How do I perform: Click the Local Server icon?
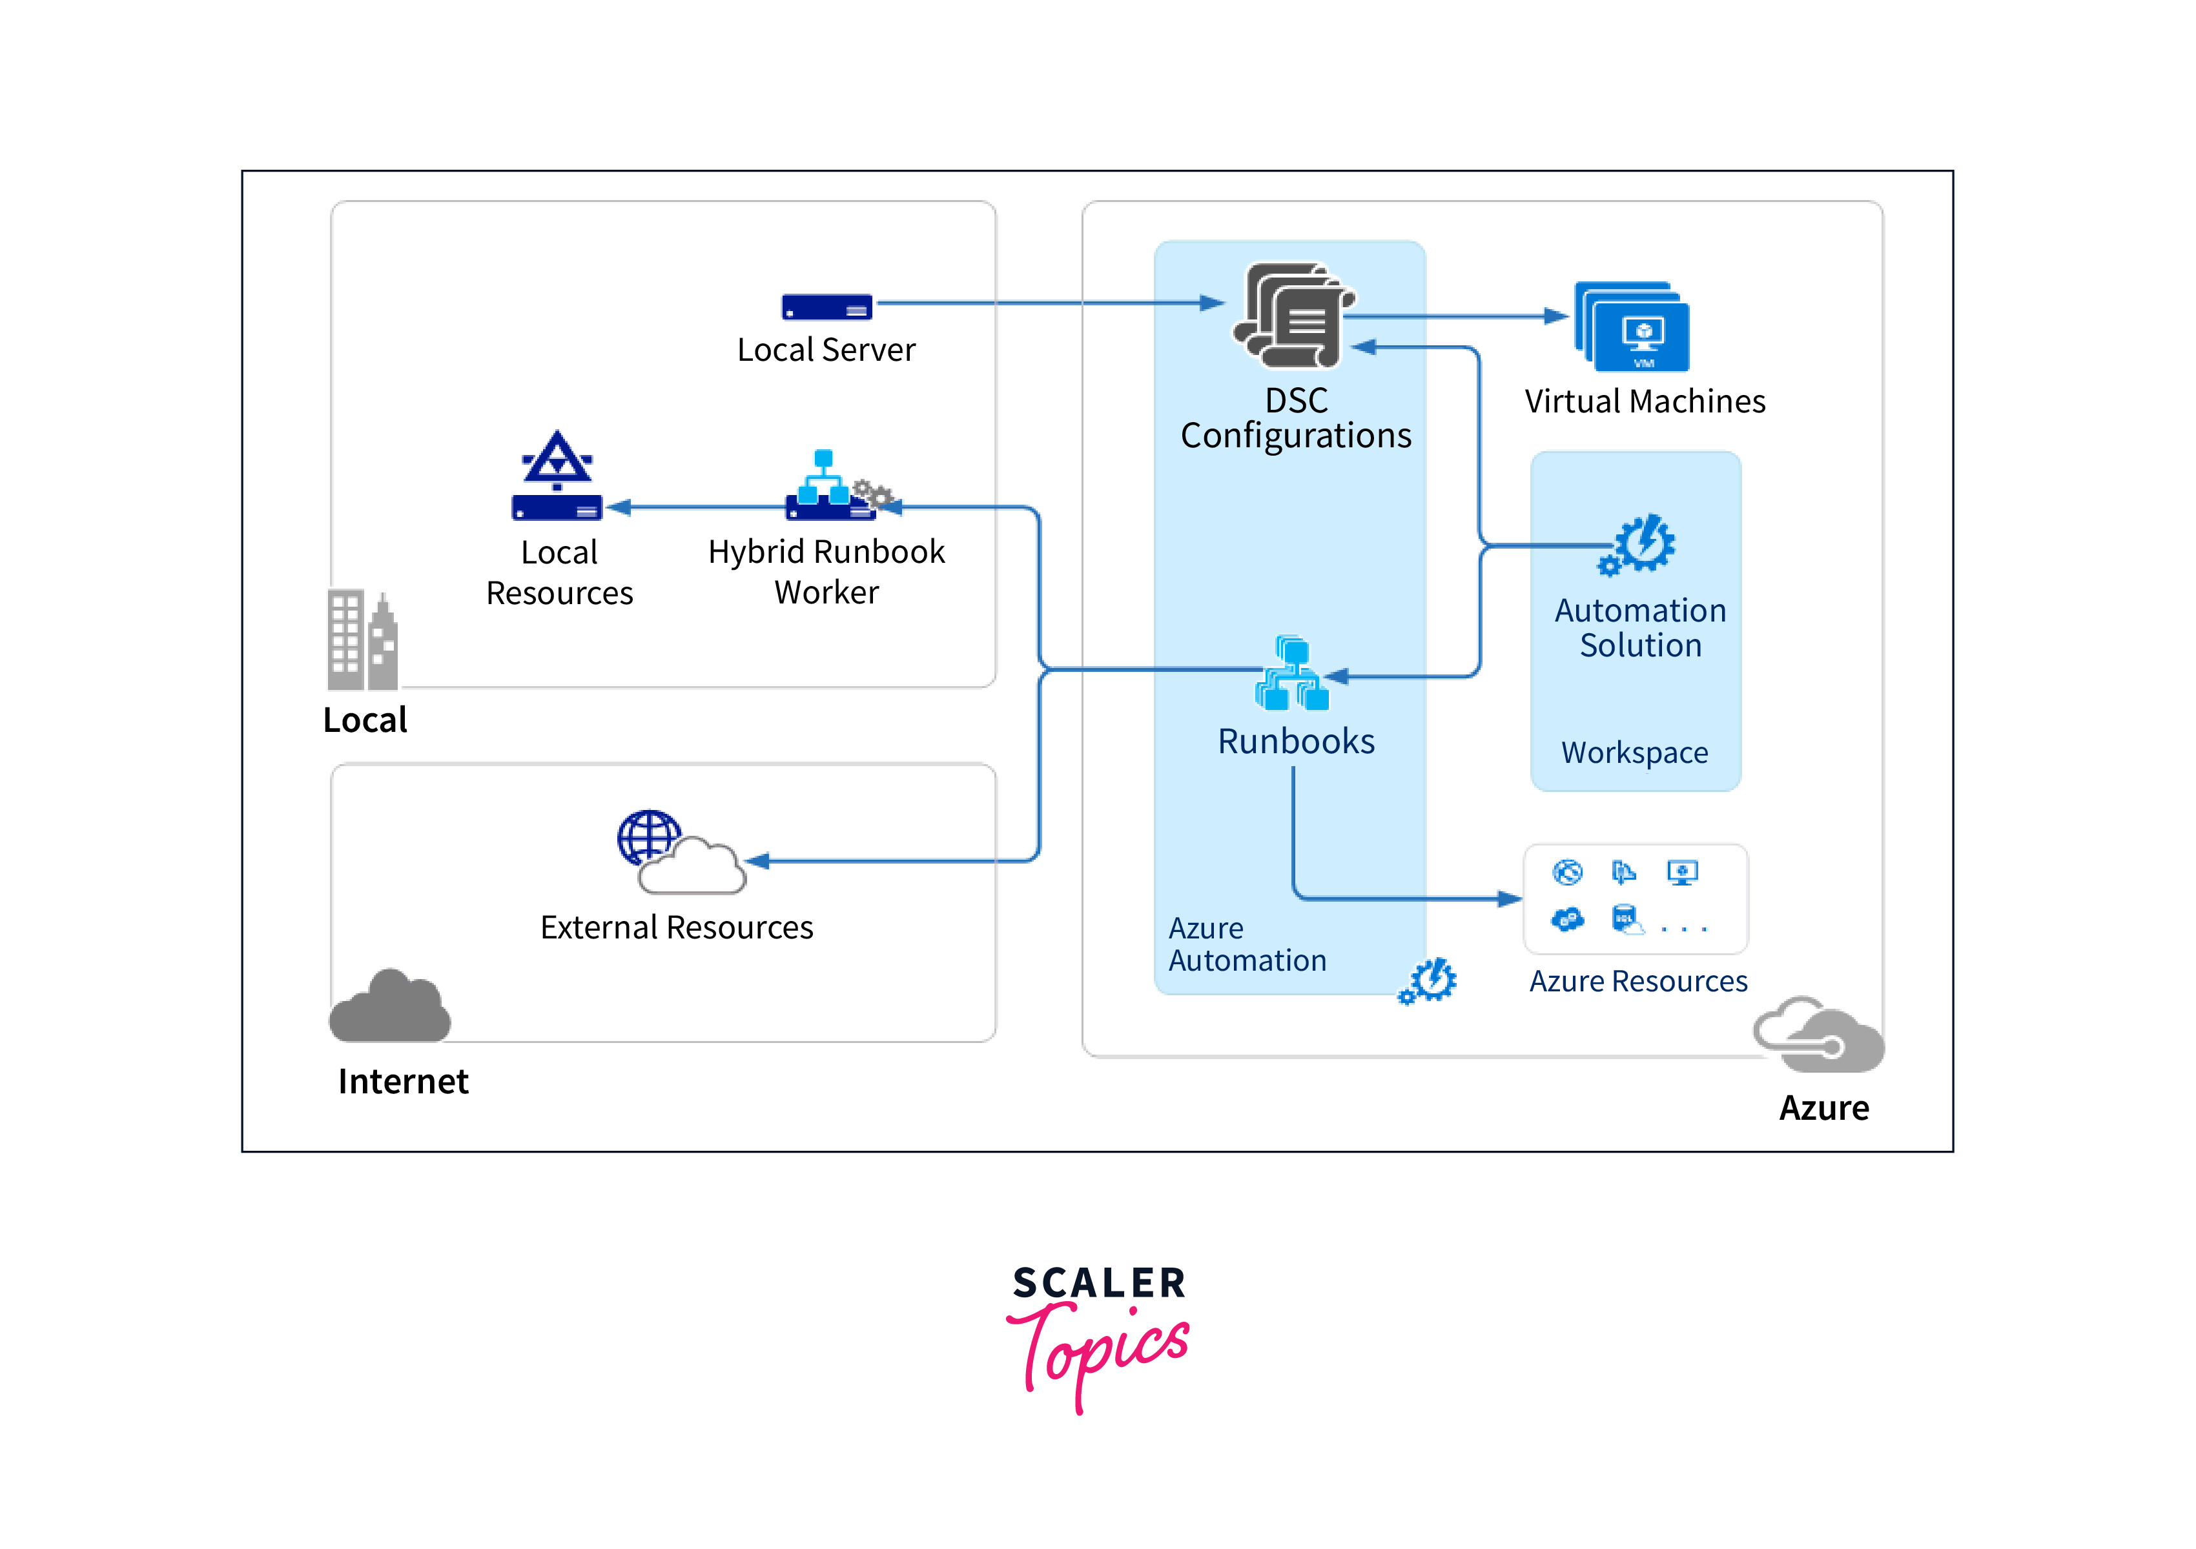[x=826, y=307]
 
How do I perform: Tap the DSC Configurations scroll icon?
[x=1293, y=316]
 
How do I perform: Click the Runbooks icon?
[x=1292, y=674]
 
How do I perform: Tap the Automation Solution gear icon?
[x=1638, y=545]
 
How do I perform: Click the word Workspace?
[x=1634, y=753]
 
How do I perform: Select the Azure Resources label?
[x=1637, y=981]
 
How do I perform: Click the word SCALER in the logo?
[x=1099, y=1283]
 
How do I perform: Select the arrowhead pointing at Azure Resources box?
[x=1510, y=899]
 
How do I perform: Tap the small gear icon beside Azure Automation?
[x=1428, y=981]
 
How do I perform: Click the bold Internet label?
[x=403, y=1082]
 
